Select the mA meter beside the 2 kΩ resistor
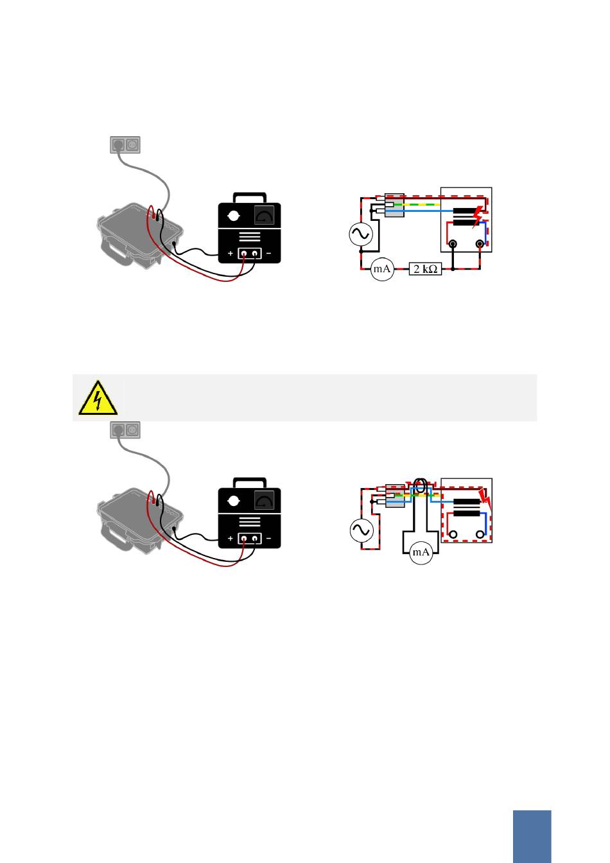382,270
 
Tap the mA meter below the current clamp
421,552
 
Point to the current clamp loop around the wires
421,486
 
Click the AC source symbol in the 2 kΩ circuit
360,234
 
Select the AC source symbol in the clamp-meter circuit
361,530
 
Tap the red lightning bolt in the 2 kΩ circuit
478,217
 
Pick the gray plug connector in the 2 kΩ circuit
394,205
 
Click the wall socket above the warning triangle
125,430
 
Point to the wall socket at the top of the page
125,145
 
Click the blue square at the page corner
532,836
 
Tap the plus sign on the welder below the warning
231,538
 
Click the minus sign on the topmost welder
268,254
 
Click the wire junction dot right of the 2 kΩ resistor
453,270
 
